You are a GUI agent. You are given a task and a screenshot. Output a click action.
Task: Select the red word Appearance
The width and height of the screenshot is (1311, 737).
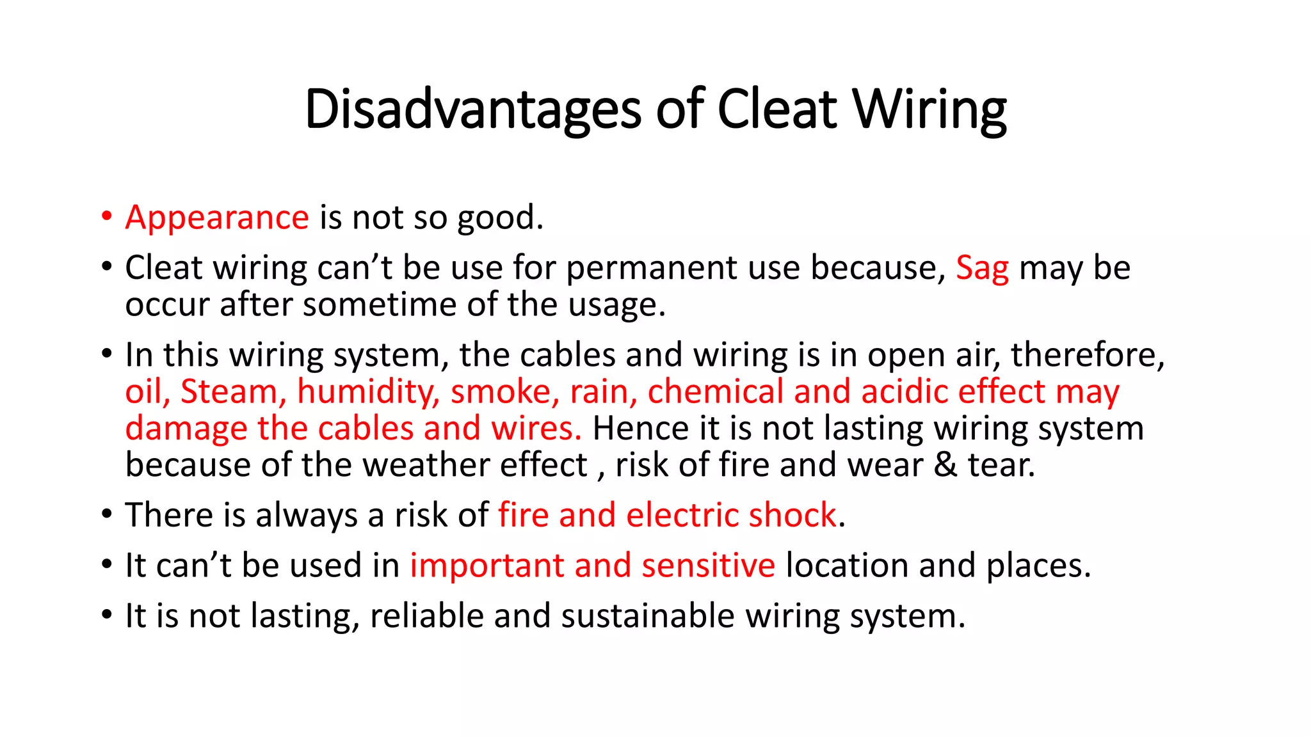click(217, 218)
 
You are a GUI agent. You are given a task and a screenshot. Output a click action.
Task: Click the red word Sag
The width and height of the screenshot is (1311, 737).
click(982, 268)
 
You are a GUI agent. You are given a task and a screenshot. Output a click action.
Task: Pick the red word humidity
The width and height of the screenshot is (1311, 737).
click(368, 392)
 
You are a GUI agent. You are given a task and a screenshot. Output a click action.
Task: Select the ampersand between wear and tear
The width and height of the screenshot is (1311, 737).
click(945, 465)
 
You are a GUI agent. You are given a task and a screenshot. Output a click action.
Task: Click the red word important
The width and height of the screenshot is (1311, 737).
click(487, 566)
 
